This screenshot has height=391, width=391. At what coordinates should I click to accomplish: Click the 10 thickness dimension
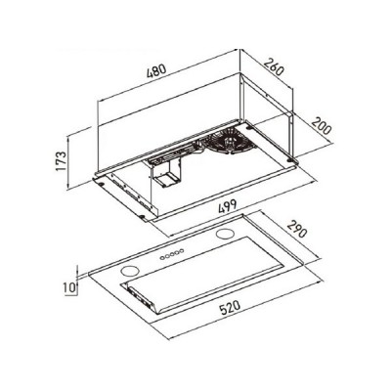[x=65, y=288]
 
